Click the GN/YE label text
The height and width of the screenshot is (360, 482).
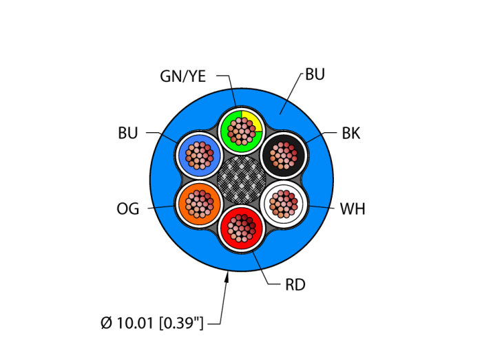[182, 76]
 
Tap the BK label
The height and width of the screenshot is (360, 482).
[351, 134]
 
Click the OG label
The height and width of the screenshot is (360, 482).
[128, 209]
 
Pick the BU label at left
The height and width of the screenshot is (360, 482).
[128, 134]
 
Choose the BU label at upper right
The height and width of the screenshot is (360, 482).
[315, 75]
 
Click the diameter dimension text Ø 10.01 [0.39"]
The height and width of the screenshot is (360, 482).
[152, 323]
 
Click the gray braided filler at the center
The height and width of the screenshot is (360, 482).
[241, 178]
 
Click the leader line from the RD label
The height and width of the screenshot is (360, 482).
[264, 272]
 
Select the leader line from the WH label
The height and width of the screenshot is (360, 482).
[320, 206]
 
